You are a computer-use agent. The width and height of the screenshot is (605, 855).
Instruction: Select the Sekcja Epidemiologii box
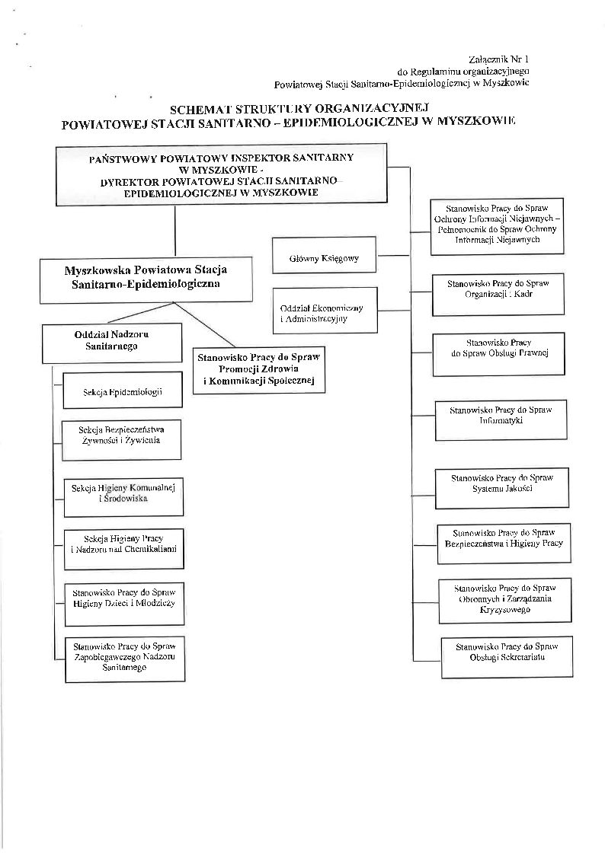click(123, 392)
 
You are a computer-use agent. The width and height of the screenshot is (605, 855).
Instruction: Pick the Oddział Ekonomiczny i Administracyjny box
click(324, 310)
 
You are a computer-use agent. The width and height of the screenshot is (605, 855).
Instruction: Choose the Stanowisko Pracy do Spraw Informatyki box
click(501, 420)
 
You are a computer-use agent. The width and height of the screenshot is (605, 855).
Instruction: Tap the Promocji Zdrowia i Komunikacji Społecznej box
click(259, 368)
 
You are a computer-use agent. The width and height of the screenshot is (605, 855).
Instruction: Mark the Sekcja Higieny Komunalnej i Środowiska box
click(123, 493)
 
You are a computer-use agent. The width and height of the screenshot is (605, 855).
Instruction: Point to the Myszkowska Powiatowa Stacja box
click(146, 276)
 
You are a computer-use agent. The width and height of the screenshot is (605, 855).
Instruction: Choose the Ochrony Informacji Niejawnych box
click(496, 225)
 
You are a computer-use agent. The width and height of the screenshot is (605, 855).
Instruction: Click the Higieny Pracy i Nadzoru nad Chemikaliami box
click(123, 547)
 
